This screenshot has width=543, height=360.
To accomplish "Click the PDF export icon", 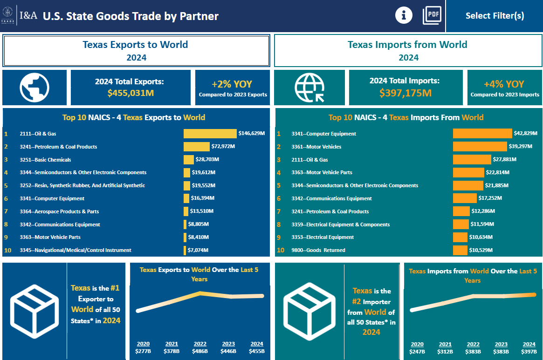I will [432, 15].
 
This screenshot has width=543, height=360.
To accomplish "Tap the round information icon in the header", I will [404, 15].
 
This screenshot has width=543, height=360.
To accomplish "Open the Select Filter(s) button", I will [495, 16].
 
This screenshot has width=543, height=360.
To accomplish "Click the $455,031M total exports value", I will [130, 93].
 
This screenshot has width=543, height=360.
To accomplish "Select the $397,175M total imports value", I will [405, 93].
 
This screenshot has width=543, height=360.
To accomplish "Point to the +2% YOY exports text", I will [232, 84].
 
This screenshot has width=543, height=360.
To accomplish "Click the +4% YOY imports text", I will [504, 84].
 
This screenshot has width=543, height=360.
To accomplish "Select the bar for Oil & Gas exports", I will [210, 134].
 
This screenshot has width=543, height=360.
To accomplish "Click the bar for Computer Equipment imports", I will [482, 134].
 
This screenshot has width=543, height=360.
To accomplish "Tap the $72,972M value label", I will [223, 147].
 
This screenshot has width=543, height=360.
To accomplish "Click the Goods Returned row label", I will [318, 250].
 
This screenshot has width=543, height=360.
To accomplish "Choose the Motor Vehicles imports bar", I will [480, 147].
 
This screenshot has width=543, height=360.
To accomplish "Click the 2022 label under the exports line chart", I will [199, 344].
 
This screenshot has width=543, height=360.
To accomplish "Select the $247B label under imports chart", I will [417, 352].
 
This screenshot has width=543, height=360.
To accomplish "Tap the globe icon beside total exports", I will [34, 87].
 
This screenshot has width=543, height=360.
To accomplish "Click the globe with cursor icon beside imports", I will [309, 87].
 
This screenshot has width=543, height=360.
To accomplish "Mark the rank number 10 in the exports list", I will [7, 250].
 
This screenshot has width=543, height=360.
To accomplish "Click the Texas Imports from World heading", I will [407, 45].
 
